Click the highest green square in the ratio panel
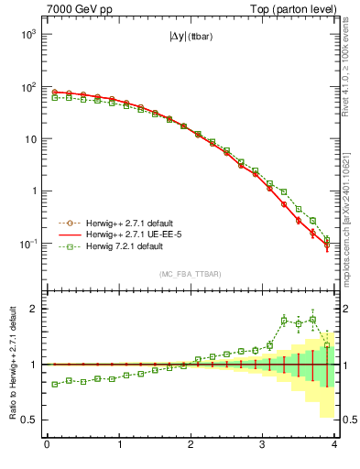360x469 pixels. (312, 319)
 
